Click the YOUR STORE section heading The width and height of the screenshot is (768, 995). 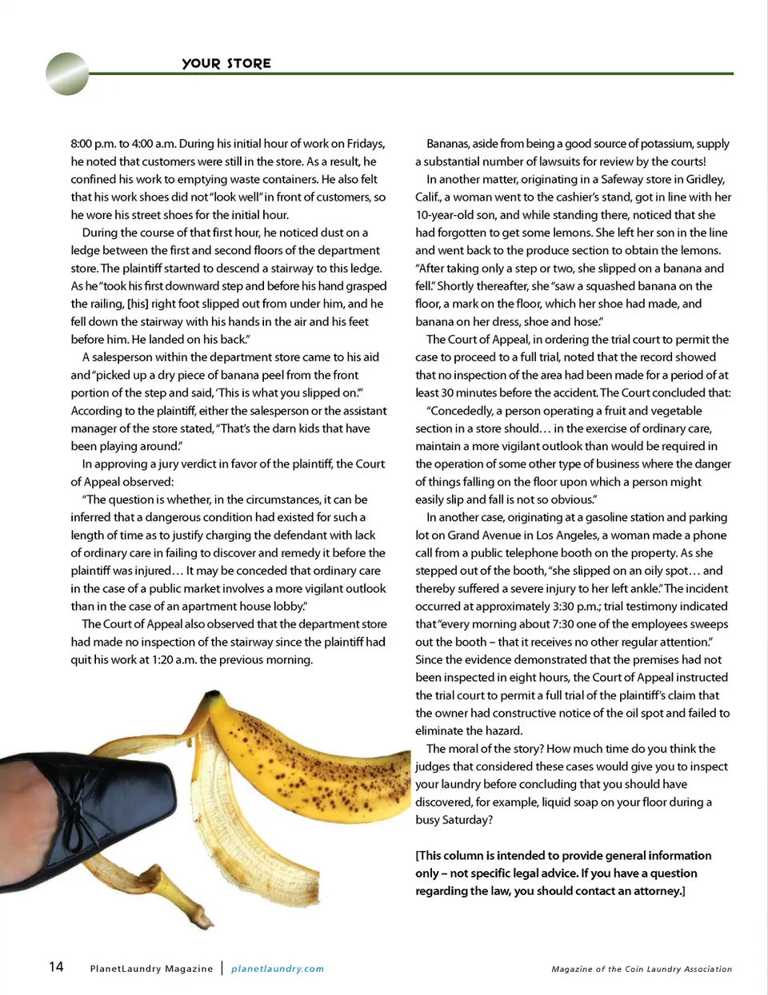pos(226,63)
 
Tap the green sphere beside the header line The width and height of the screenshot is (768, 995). pos(68,74)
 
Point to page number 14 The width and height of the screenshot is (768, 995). pos(56,967)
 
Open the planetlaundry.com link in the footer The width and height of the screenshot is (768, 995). pos(278,969)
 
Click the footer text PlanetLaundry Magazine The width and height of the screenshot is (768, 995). pos(151,969)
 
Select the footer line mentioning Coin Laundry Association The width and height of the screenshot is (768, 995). pos(642,969)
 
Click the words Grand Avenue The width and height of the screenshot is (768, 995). pos(482,535)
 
